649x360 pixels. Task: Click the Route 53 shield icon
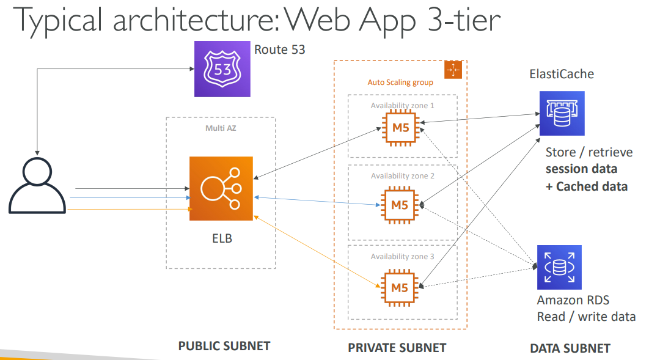tap(222, 68)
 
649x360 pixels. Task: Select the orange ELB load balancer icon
tap(221, 188)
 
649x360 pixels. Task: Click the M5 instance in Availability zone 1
tap(400, 127)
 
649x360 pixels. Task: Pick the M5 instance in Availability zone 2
tap(400, 205)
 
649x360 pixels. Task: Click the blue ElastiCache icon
tap(562, 113)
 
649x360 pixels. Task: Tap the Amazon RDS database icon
tap(559, 267)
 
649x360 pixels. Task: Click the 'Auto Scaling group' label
tap(400, 83)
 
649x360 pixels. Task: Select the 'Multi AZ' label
tap(221, 128)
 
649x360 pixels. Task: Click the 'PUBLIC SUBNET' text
tap(224, 346)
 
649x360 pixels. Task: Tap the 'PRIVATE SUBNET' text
tap(397, 348)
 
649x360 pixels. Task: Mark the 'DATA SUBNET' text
tap(570, 348)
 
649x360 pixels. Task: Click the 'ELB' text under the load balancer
tap(218, 238)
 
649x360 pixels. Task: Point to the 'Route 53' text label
tap(280, 50)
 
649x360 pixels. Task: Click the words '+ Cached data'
tap(586, 186)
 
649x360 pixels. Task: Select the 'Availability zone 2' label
tap(402, 176)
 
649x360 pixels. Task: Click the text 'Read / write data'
tap(586, 317)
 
